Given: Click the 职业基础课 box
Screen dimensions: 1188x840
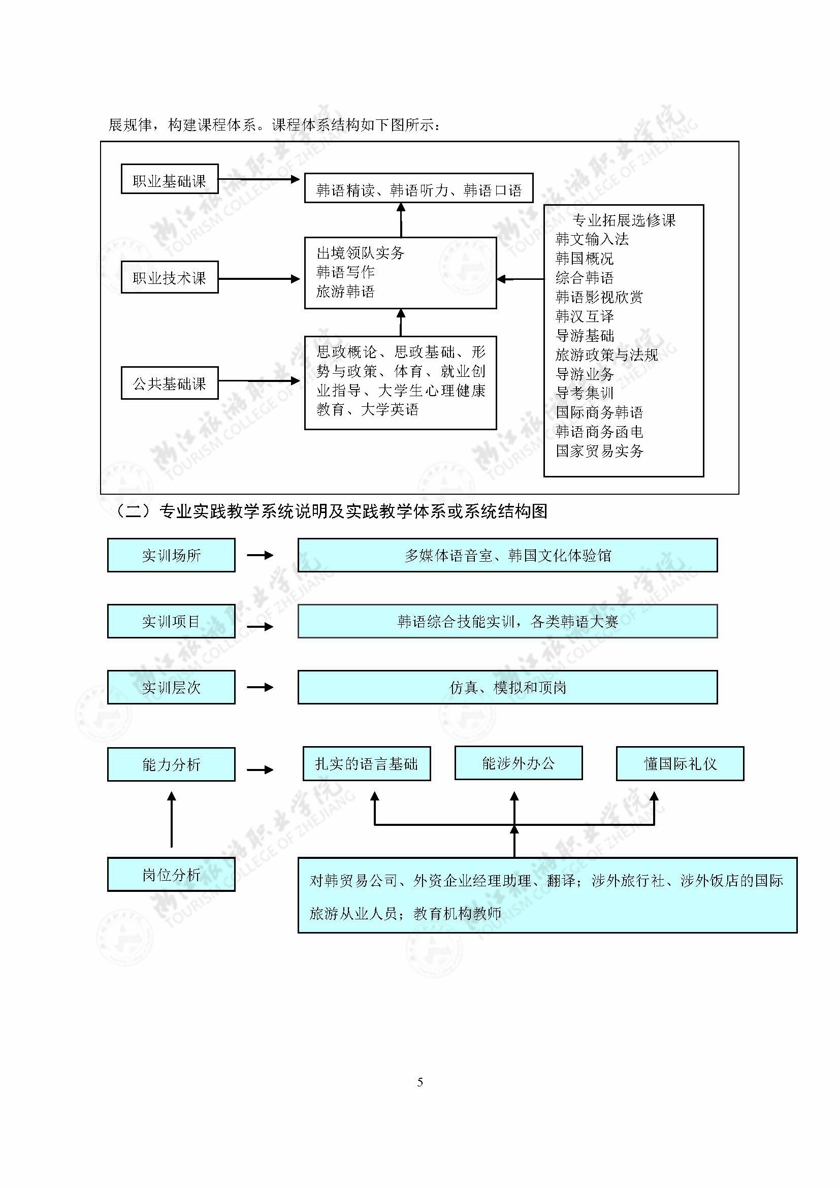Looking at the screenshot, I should (x=170, y=179).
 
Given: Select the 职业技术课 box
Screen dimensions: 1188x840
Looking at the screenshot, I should (x=170, y=278).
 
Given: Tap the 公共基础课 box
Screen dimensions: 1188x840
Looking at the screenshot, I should (x=170, y=383).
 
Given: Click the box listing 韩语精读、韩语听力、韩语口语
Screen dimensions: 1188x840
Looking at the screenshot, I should (x=418, y=188).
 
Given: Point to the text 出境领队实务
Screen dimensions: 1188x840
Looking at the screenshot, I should (x=361, y=253).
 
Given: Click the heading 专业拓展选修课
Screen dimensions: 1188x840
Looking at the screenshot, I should (x=624, y=221).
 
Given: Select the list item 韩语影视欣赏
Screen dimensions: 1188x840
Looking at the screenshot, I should (x=599, y=297).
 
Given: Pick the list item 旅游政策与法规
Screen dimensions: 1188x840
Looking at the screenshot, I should (x=607, y=355).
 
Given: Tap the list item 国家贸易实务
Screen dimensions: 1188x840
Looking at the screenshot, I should (x=599, y=451).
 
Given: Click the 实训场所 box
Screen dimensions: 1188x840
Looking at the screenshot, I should (x=171, y=555).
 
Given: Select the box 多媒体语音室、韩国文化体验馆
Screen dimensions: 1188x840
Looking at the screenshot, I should (x=507, y=555).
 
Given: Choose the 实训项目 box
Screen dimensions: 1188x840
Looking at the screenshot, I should (x=171, y=621).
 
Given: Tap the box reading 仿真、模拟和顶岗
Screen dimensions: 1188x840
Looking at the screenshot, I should (x=507, y=687).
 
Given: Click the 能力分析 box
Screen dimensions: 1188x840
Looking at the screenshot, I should (x=171, y=764).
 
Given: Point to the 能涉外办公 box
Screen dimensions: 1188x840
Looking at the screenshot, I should (x=519, y=763).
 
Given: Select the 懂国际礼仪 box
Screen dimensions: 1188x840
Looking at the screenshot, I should (x=680, y=764).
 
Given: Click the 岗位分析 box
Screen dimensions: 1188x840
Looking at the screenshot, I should (x=171, y=875).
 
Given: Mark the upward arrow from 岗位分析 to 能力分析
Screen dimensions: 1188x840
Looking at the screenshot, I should (x=172, y=820).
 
